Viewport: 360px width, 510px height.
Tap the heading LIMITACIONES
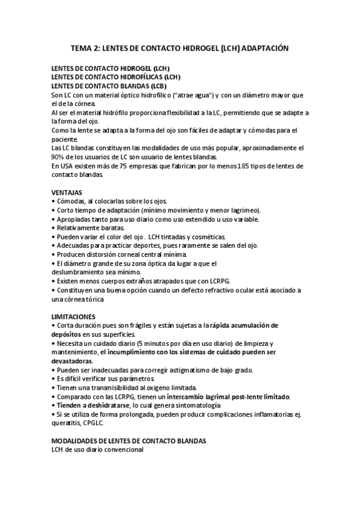(73, 317)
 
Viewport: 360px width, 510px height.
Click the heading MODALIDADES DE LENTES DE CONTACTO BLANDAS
(129, 441)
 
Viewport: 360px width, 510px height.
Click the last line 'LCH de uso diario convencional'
(97, 449)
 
